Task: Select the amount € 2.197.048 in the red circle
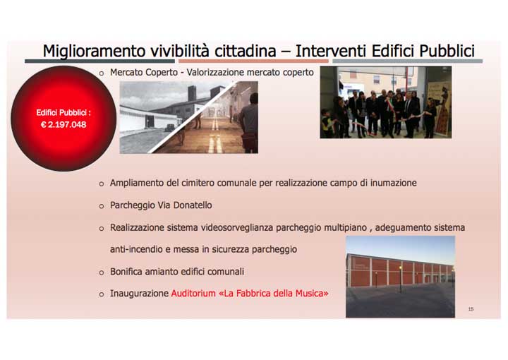click(x=64, y=124)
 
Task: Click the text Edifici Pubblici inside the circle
click(x=64, y=112)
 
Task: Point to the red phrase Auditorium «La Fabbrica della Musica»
click(x=249, y=293)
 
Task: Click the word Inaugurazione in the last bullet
click(x=139, y=293)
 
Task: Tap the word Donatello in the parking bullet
click(x=190, y=205)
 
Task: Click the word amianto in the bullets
click(x=167, y=271)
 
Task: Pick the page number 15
click(x=471, y=309)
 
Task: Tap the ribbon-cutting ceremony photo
click(x=385, y=102)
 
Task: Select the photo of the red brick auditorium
click(x=399, y=276)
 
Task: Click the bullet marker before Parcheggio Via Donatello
click(x=101, y=206)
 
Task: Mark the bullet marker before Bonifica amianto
click(x=101, y=272)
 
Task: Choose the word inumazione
click(x=392, y=183)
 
